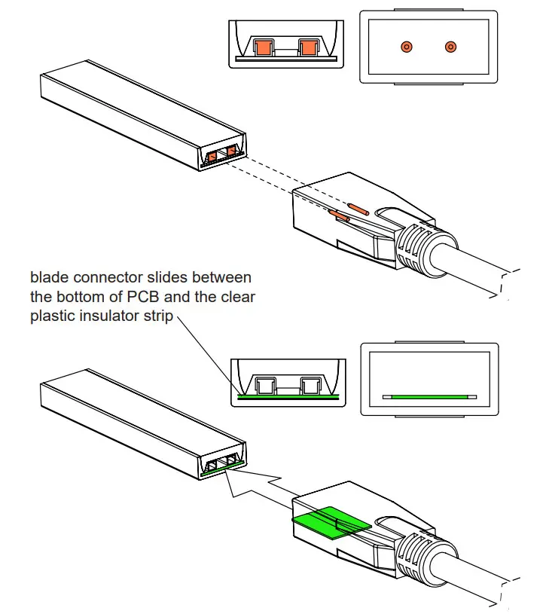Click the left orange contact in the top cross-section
click(x=263, y=48)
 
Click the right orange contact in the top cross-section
click(x=310, y=48)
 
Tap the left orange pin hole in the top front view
click(x=407, y=47)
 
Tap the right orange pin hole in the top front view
click(x=450, y=47)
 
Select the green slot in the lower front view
click(x=429, y=396)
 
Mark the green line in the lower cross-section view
click(x=286, y=396)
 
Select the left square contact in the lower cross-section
click(x=263, y=386)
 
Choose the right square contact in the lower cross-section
click(x=310, y=386)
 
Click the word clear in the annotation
click(x=236, y=297)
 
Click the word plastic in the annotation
click(x=53, y=316)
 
